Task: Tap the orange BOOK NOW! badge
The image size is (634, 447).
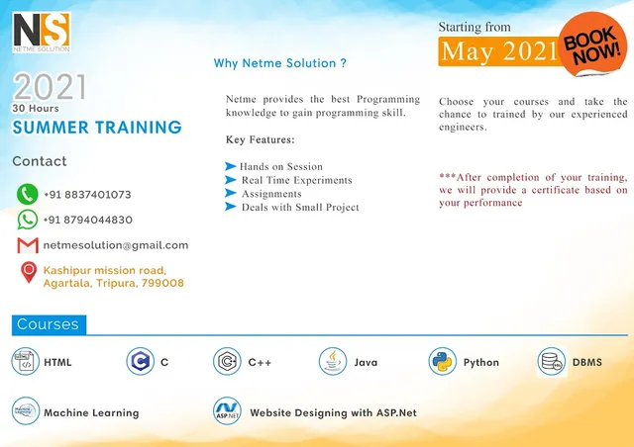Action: tap(591, 43)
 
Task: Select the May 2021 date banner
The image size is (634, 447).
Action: tap(498, 52)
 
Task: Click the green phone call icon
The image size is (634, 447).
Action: tap(28, 195)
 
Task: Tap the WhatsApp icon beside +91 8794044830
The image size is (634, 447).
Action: tap(28, 220)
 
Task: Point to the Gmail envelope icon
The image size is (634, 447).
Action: tap(28, 245)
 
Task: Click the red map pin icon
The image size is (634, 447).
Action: tap(28, 273)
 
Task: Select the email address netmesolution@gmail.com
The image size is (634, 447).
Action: tap(115, 245)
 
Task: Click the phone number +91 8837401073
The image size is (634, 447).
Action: tap(87, 195)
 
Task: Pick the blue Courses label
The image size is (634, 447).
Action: tap(49, 324)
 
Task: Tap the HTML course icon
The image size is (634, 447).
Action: tap(25, 362)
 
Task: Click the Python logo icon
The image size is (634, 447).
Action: tap(442, 362)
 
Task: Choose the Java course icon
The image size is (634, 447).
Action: tap(333, 362)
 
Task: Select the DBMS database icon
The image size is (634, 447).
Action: tap(552, 362)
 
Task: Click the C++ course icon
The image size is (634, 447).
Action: tap(227, 362)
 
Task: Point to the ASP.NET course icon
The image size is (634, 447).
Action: tap(227, 411)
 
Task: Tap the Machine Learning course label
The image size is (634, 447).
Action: tap(91, 412)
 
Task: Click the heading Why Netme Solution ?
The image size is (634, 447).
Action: tap(280, 63)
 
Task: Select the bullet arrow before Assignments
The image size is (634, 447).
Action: tap(231, 194)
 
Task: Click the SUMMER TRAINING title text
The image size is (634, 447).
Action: tap(97, 128)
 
